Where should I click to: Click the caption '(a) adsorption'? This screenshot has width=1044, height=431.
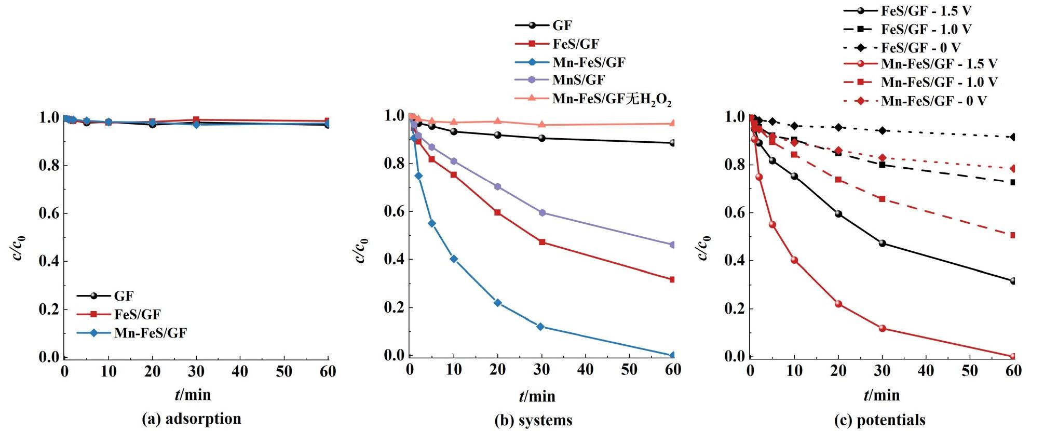pos(192,419)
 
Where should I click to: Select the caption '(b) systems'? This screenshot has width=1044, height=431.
pos(534,420)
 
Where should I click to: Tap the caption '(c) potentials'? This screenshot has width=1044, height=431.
pos(879,420)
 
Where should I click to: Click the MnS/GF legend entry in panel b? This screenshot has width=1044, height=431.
pos(578,80)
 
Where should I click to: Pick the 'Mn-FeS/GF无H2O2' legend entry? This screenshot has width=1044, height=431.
pos(611,98)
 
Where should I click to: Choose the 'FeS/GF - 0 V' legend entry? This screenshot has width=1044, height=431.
pos(920,48)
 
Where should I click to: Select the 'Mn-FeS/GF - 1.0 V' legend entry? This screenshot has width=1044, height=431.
pos(939,82)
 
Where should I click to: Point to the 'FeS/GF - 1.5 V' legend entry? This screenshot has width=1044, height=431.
pos(926,11)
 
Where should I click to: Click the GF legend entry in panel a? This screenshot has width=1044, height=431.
pos(124,296)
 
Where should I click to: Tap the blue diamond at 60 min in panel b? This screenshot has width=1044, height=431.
pos(673,355)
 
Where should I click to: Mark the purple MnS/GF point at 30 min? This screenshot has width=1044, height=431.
pos(542,213)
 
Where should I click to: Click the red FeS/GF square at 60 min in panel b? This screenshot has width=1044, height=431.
pos(673,279)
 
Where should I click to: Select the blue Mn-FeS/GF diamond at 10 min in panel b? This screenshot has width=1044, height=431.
pos(454,259)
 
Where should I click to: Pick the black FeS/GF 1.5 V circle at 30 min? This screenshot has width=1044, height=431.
pos(882,243)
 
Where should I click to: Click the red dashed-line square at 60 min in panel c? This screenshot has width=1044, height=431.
pos(1013,235)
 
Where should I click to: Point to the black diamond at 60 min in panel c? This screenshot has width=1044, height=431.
pos(1013,137)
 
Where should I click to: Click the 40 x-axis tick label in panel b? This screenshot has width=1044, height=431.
pos(585,369)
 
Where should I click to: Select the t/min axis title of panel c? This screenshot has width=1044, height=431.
pos(882,395)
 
